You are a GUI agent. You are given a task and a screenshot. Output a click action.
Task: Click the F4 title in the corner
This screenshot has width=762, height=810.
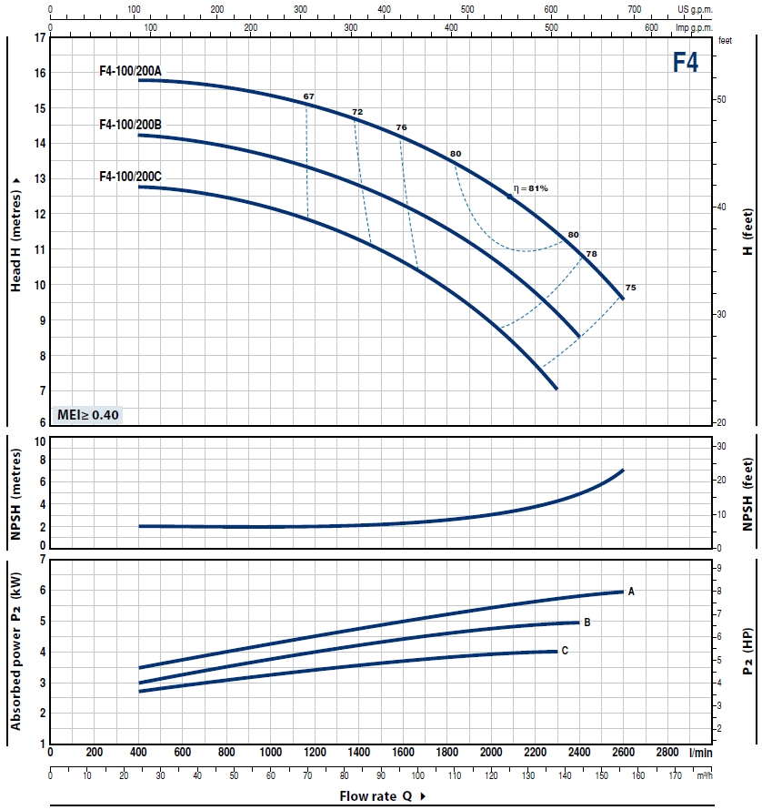point(685,62)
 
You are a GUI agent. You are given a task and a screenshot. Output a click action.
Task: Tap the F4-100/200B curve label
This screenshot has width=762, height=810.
point(130,124)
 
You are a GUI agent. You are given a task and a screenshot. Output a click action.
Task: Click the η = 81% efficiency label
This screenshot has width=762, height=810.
point(531,188)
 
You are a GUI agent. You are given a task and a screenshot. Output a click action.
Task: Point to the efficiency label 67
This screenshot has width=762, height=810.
point(309,96)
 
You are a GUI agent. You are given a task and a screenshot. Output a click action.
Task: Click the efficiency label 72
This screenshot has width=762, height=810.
point(357,112)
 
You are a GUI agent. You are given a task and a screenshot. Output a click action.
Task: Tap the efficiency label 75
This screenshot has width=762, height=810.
point(631,288)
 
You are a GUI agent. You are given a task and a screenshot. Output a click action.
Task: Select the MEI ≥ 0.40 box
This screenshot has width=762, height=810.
point(88,415)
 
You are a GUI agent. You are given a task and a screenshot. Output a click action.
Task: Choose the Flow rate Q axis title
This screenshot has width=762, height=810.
point(376,796)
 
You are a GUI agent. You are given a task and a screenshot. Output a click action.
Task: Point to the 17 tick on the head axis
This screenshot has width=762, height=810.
point(38,39)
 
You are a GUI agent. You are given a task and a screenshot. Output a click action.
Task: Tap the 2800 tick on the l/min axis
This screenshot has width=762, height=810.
point(667,753)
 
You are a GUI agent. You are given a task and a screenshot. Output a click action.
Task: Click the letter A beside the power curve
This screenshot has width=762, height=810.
point(631,592)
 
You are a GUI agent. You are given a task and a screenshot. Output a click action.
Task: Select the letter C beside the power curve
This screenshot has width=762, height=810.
point(565,651)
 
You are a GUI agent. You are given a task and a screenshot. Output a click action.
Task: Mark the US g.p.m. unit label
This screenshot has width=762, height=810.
point(696,9)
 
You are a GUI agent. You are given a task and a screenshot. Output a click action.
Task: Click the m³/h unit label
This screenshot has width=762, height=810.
point(704,775)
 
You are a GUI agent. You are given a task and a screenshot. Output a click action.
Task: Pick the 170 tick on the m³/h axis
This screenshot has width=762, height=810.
point(675,775)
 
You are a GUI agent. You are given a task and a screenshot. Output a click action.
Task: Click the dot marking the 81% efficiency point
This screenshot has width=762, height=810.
point(509,197)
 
